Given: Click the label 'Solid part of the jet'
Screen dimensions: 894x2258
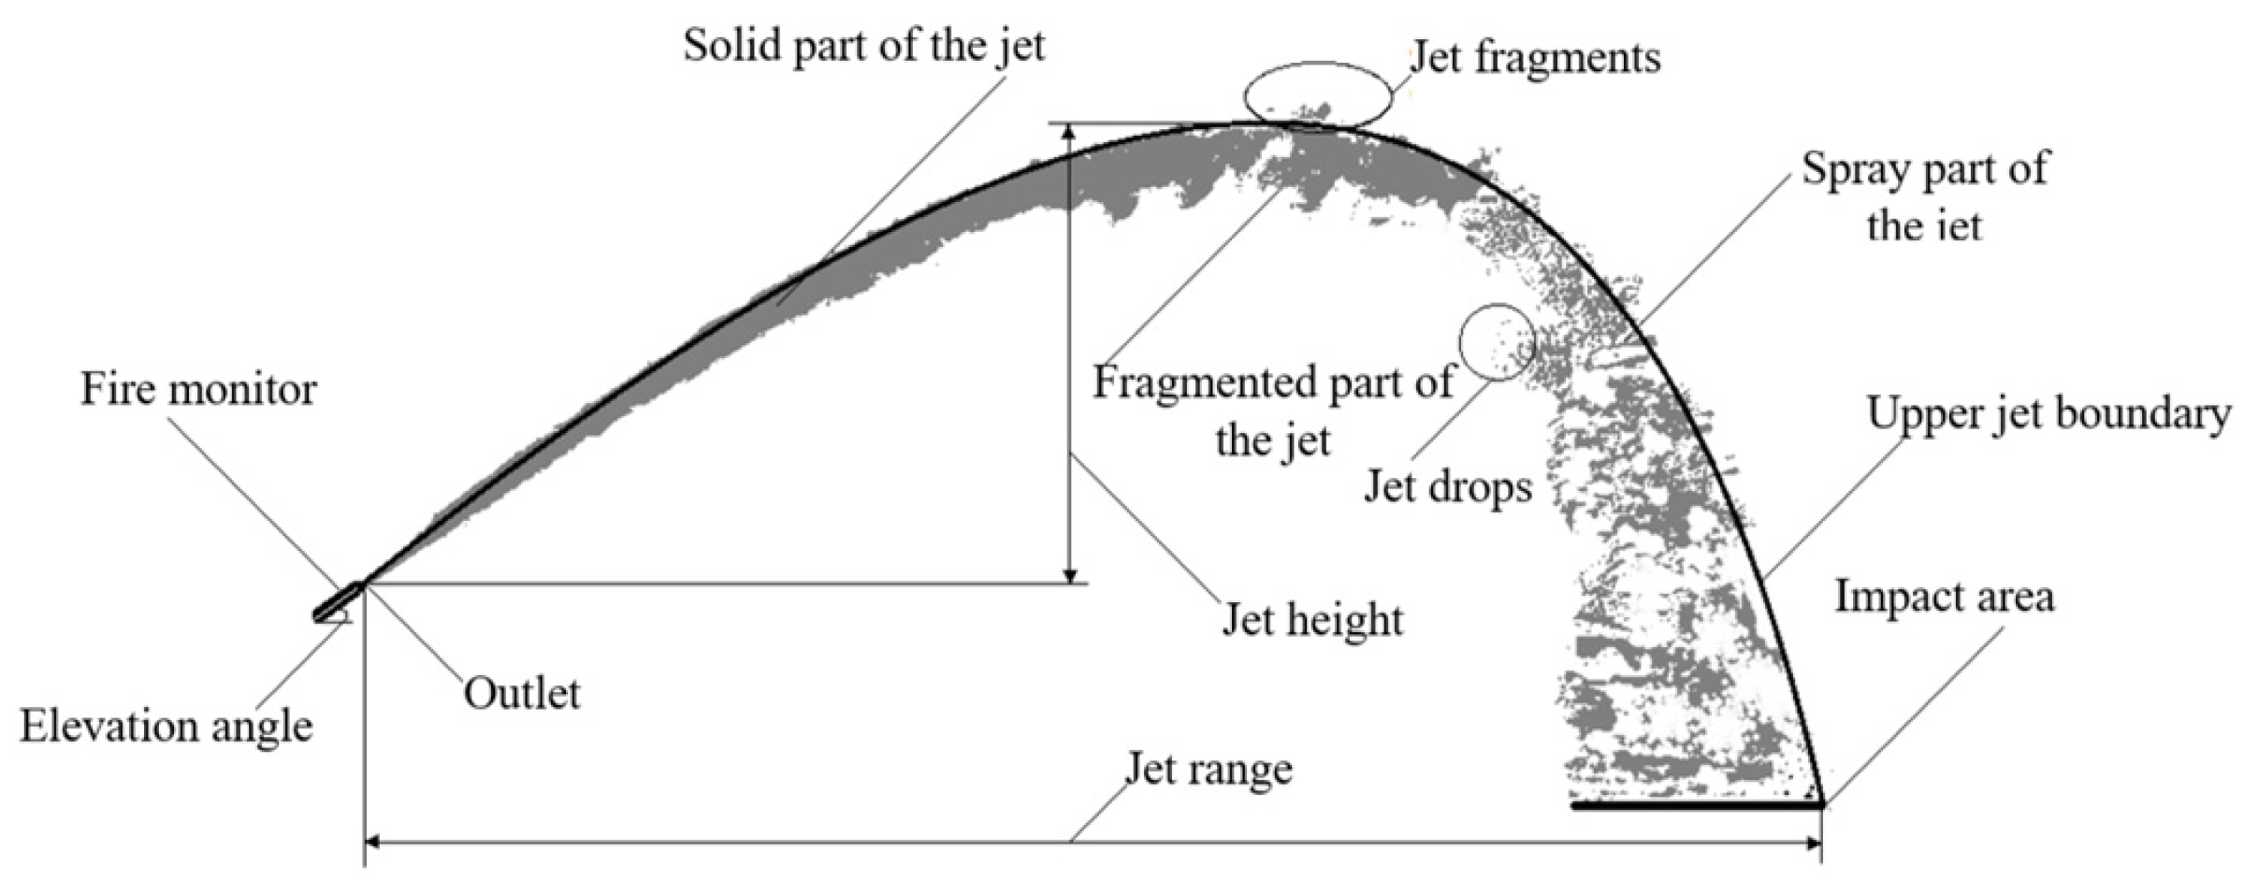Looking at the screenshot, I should click(x=863, y=46).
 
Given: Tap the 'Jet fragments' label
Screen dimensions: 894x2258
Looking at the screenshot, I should click(x=1535, y=58).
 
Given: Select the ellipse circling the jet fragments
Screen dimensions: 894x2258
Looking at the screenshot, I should click(x=1317, y=94).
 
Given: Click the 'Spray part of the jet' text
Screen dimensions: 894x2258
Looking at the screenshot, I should click(x=1925, y=197).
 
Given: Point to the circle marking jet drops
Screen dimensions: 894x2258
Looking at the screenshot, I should click(x=1497, y=342).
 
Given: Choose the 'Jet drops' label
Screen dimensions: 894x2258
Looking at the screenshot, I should click(x=1447, y=486).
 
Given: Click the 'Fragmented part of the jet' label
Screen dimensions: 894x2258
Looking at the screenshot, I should click(x=1272, y=411).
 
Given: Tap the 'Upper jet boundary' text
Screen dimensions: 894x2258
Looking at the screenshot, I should click(x=2048, y=413).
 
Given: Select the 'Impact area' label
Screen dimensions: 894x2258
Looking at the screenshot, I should click(x=1944, y=597).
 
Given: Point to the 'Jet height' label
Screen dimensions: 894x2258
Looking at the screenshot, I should click(x=1312, y=620).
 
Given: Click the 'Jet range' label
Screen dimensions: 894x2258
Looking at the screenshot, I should click(x=1209, y=770).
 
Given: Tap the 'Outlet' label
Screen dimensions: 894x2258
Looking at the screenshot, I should click(x=522, y=694).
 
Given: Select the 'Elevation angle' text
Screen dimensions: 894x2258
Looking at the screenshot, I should click(x=166, y=727).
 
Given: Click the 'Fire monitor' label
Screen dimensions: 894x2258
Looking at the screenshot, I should click(x=198, y=389).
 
